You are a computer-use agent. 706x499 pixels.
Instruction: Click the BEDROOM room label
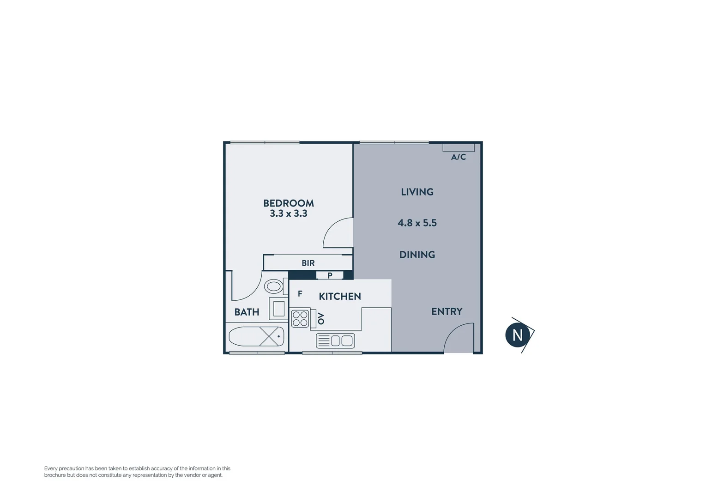[288, 203]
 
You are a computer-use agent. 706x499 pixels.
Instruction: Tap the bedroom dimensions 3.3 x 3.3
[288, 213]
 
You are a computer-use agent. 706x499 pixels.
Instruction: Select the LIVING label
[417, 192]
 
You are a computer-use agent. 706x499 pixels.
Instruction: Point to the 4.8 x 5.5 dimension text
[417, 223]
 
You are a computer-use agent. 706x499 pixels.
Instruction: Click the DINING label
[417, 255]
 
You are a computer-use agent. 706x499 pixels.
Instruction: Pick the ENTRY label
[447, 311]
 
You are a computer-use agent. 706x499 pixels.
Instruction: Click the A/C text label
[458, 157]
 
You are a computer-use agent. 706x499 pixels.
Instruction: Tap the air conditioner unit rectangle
[458, 147]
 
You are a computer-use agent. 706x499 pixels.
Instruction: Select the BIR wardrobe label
[308, 263]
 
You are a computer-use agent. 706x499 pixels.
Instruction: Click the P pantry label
[330, 275]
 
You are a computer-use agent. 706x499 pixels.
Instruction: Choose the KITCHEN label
[339, 297]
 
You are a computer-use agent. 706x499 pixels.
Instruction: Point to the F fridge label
[300, 294]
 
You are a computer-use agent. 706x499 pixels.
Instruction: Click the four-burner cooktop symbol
[300, 319]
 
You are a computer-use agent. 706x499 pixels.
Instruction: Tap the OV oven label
[321, 318]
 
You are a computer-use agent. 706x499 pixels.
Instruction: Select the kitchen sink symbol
[335, 341]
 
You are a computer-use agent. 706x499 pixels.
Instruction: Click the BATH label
[247, 312]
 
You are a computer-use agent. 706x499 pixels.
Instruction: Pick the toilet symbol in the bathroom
[274, 286]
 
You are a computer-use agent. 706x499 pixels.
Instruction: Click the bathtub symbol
[256, 336]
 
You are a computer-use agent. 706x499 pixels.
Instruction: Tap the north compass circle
[517, 335]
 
